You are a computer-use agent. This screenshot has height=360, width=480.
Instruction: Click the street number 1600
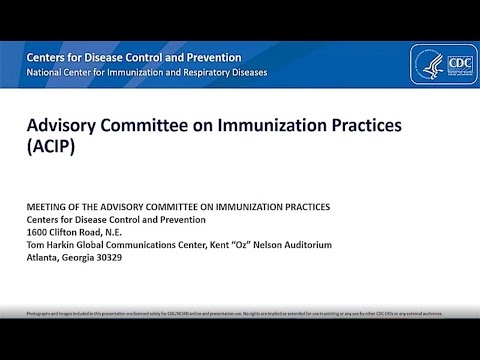37,231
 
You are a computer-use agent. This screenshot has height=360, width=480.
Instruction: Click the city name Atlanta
43,255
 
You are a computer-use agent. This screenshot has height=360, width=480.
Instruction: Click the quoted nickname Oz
223,243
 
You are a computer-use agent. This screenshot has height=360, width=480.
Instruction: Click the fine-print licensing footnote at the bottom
240,313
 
